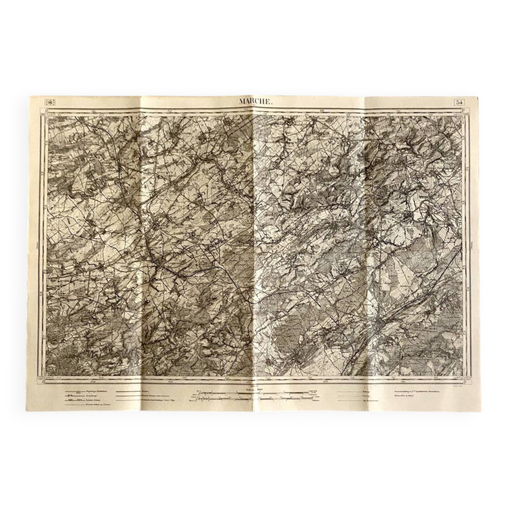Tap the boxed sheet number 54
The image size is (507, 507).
(459, 102)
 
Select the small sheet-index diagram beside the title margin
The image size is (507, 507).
(51, 102)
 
